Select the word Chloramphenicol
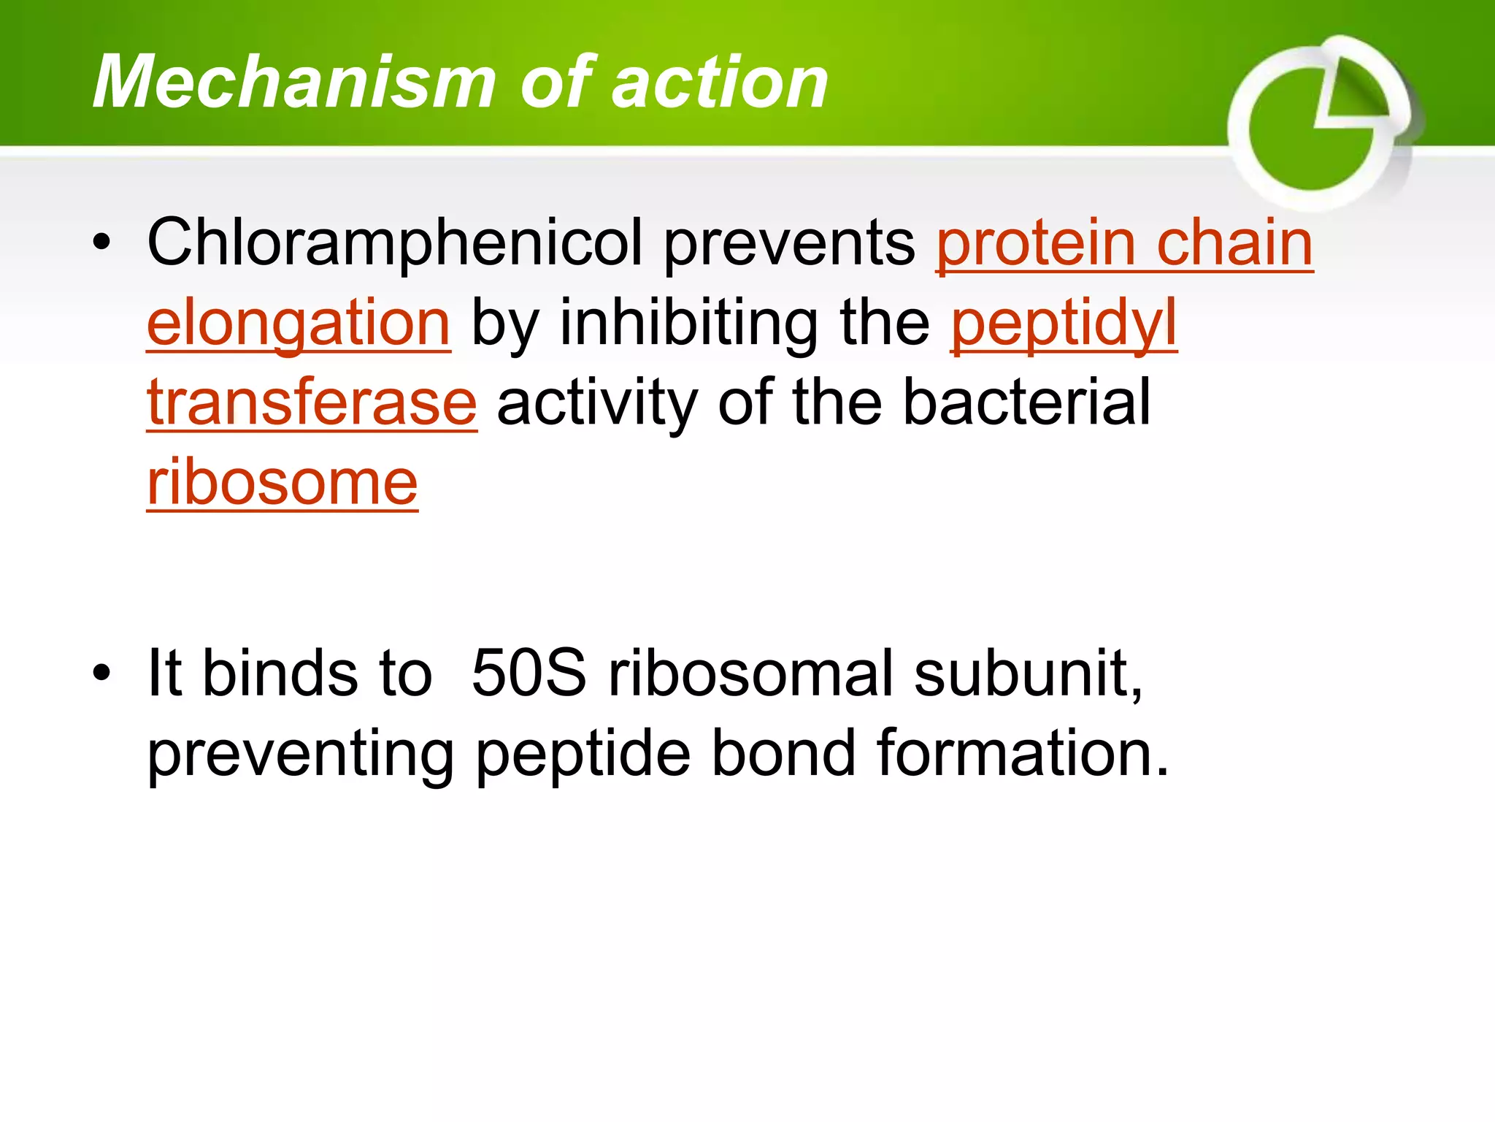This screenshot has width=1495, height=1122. pos(395,243)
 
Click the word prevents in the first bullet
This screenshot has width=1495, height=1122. pos(788,243)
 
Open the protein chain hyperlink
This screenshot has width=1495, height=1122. pos(1124,243)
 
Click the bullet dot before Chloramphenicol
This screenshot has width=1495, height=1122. pos(102,243)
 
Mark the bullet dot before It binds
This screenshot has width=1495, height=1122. pos(102,673)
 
